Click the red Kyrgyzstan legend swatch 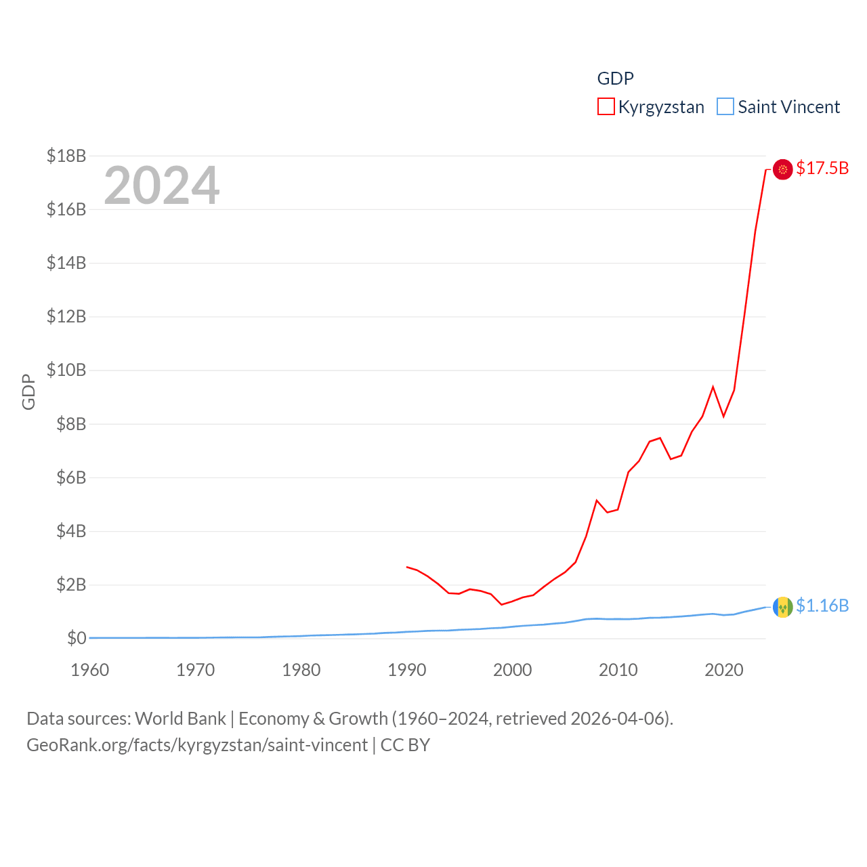click(x=606, y=107)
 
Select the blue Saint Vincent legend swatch click(x=725, y=107)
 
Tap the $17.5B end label click(x=822, y=168)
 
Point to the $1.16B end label click(x=822, y=606)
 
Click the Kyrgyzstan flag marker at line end click(x=782, y=169)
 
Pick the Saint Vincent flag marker click(x=782, y=607)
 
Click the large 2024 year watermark click(x=161, y=186)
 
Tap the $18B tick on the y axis click(x=66, y=156)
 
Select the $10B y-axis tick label click(x=66, y=370)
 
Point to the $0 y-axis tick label click(x=77, y=638)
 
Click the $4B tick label click(x=71, y=531)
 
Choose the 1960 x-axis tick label click(x=90, y=670)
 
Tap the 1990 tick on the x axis click(x=406, y=670)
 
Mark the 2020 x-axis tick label click(x=724, y=670)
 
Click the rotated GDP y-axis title click(x=28, y=392)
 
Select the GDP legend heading click(x=615, y=79)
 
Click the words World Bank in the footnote click(x=180, y=718)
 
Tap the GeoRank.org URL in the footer click(x=197, y=745)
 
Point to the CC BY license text click(x=405, y=745)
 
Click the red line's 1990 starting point click(x=406, y=566)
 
